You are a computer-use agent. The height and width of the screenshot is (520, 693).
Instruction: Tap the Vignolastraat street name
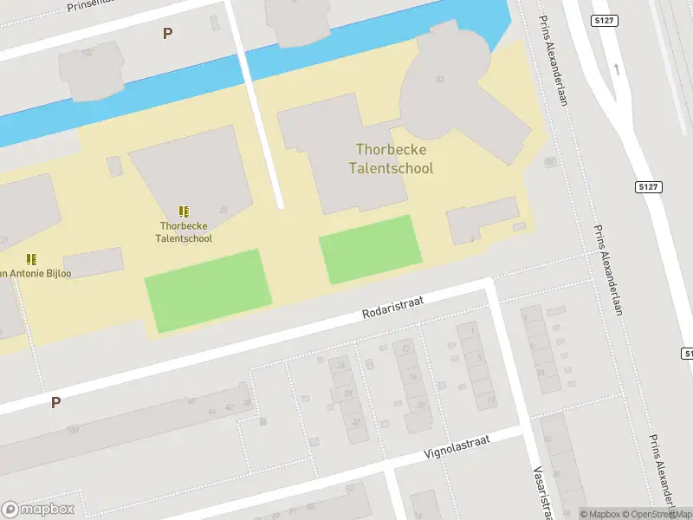457,446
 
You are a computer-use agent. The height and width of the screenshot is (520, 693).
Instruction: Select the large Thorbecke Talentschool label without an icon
393,159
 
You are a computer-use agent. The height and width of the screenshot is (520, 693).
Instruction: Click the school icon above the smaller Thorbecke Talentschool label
184,211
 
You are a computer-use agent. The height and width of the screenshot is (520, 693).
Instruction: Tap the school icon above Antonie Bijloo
31,259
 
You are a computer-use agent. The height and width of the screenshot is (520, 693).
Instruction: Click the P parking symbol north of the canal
167,34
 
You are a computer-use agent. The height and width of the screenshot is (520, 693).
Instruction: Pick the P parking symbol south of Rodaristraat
55,402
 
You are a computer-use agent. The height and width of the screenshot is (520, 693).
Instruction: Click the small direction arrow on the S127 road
617,68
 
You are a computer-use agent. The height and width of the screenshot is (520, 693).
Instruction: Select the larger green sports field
208,289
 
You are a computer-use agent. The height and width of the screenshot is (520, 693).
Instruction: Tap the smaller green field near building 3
371,250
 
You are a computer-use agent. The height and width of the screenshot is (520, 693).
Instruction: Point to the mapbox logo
38,509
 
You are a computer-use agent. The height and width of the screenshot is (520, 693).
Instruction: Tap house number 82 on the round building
440,80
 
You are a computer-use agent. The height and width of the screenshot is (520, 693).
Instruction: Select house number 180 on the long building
73,429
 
